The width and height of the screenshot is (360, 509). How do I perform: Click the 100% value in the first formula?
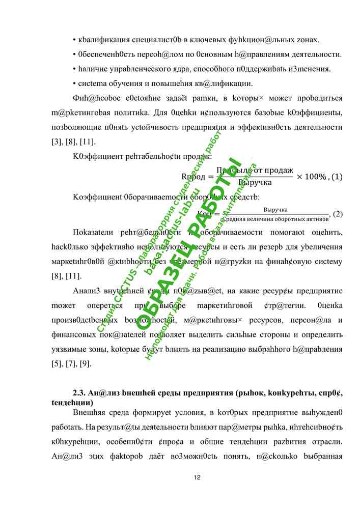pyautogui.click(x=315, y=177)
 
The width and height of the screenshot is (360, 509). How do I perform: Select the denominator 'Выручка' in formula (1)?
pyautogui.click(x=255, y=182)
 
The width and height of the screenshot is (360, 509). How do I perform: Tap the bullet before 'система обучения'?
pyautogui.click(x=75, y=83)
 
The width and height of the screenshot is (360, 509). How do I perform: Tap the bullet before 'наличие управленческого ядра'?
pyautogui.click(x=75, y=69)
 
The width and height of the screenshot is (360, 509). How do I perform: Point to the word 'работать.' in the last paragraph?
pyautogui.click(x=66, y=427)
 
